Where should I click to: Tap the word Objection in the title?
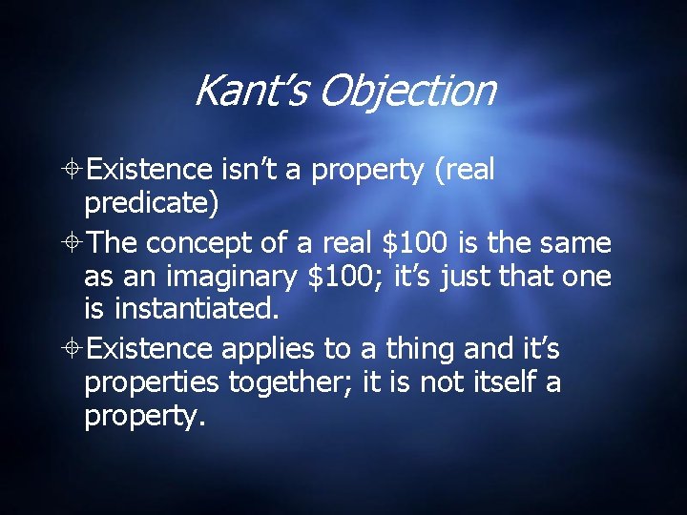point(407,92)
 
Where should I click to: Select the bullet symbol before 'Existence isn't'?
point(73,171)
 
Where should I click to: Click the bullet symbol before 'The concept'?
point(73,244)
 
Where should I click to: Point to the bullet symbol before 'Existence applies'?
point(73,350)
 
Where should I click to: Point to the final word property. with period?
point(144,417)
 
